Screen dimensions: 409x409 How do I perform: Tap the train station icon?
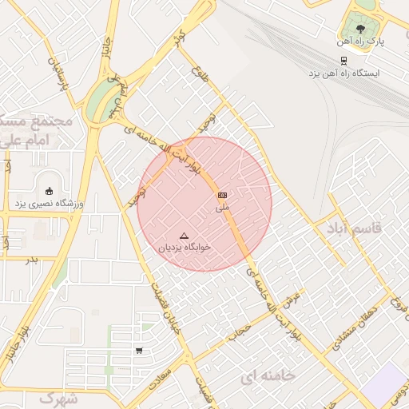tap(343, 60)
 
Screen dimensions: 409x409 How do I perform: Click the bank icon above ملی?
tap(222, 195)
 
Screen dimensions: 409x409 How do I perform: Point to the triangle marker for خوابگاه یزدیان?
tap(185, 236)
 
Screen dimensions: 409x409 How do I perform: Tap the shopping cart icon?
tap(140, 350)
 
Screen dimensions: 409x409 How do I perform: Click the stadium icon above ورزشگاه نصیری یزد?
tap(50, 191)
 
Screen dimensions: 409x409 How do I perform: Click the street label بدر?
tap(32, 260)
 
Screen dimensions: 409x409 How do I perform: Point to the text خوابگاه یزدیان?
tap(185, 248)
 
